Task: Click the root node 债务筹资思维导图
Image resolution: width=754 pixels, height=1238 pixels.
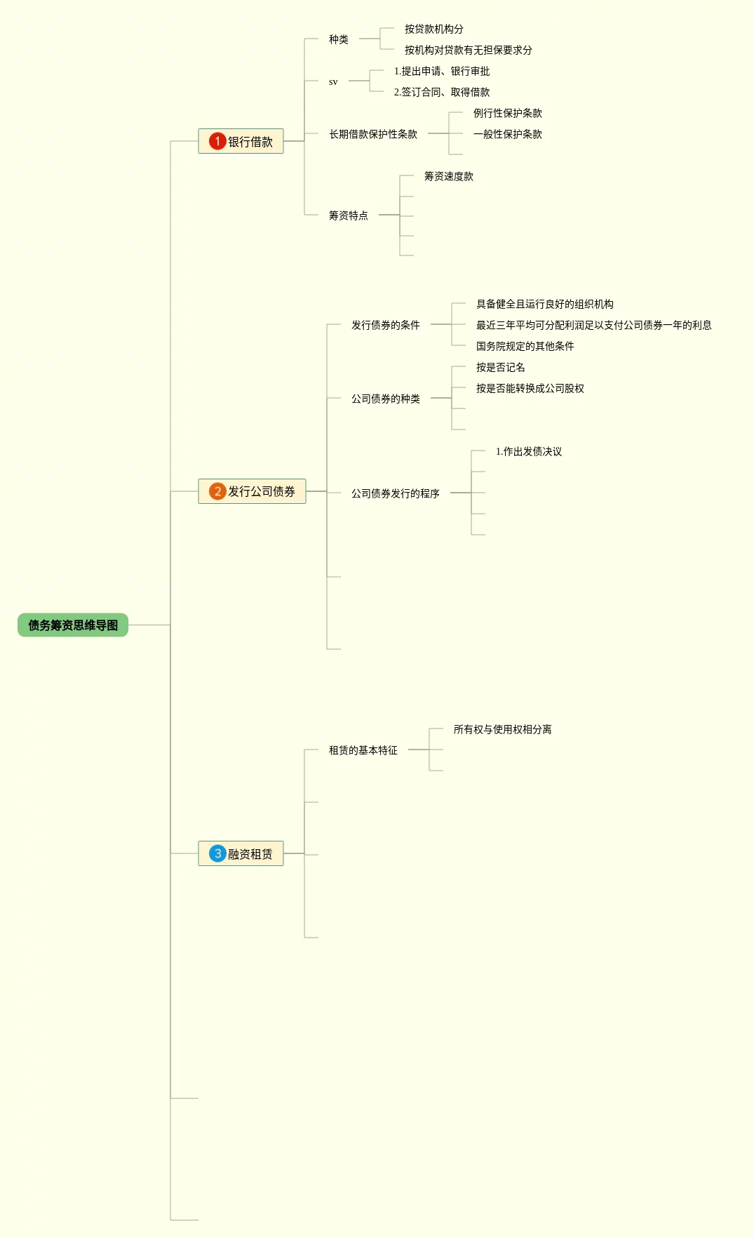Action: pyautogui.click(x=73, y=625)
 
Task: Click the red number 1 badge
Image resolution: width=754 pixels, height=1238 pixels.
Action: pyautogui.click(x=217, y=141)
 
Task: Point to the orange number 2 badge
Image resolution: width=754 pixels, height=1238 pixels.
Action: pyautogui.click(x=217, y=491)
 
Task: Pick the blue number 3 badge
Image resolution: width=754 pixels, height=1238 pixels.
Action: pyautogui.click(x=217, y=853)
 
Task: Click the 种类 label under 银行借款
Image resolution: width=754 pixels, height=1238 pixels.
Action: pyautogui.click(x=339, y=39)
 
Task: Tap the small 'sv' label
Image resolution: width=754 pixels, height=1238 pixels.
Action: pyautogui.click(x=333, y=81)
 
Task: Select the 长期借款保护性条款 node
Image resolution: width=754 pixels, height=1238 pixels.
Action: pyautogui.click(x=373, y=134)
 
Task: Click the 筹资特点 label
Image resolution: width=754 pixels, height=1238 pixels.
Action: pyautogui.click(x=349, y=215)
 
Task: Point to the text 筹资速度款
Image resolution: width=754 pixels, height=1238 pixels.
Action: pyautogui.click(x=449, y=176)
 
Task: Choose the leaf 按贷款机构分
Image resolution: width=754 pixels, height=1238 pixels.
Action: pyautogui.click(x=434, y=29)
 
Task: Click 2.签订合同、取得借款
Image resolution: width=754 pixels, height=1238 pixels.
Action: pyautogui.click(x=442, y=92)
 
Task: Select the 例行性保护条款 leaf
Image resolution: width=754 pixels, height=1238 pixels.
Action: pyautogui.click(x=508, y=113)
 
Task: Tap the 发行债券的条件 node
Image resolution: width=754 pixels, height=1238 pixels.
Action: pyautogui.click(x=386, y=325)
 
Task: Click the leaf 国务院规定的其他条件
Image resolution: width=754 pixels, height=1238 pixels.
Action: pyautogui.click(x=525, y=346)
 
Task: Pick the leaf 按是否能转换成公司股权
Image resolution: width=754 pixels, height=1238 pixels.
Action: pyautogui.click(x=530, y=388)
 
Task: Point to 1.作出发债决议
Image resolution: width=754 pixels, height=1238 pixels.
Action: pyautogui.click(x=529, y=451)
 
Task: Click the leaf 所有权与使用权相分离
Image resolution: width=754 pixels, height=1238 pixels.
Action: pyautogui.click(x=503, y=729)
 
